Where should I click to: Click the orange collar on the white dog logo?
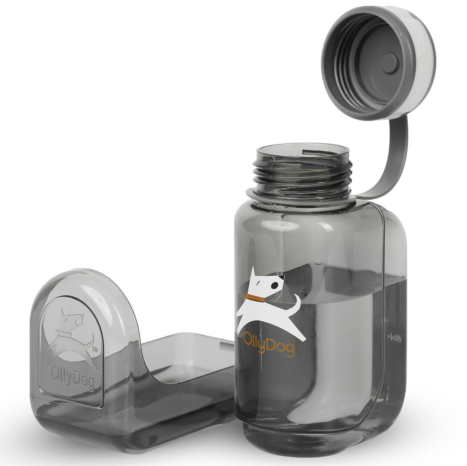pyautogui.click(x=255, y=298)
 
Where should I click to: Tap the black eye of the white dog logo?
pyautogui.click(x=274, y=285)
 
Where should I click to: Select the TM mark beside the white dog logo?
pyautogui.click(x=304, y=295)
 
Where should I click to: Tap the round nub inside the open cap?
pyautogui.click(x=389, y=63)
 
